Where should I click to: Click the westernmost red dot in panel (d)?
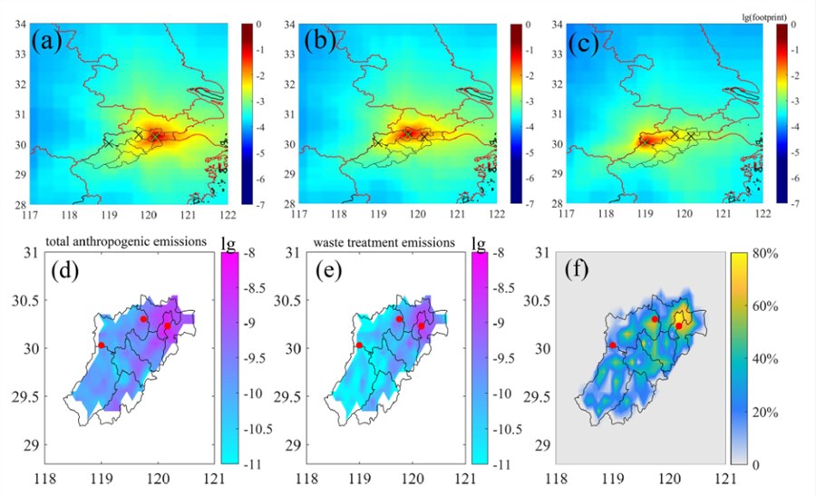tap(101, 345)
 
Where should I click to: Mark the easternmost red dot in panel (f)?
tap(678, 326)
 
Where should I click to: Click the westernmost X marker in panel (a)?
tap(108, 142)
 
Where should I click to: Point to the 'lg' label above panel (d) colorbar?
tap(226, 244)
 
